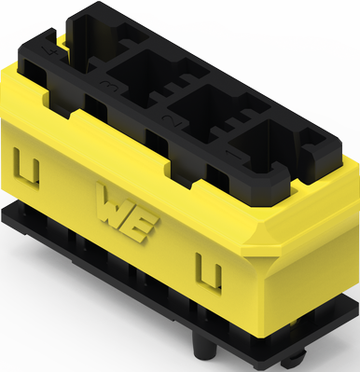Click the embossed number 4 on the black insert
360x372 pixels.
[x=48, y=58]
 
